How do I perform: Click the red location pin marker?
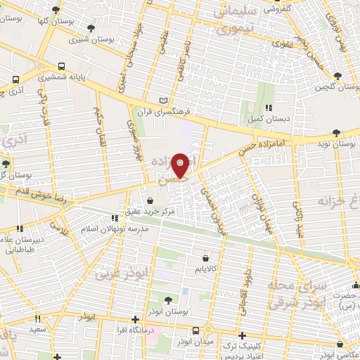coord(181,165)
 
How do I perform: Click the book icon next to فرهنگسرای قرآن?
coord(164,101)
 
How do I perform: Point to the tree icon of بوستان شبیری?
coord(91,29)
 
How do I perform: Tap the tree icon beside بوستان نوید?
coord(337,132)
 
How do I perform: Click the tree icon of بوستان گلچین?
coord(337,76)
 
